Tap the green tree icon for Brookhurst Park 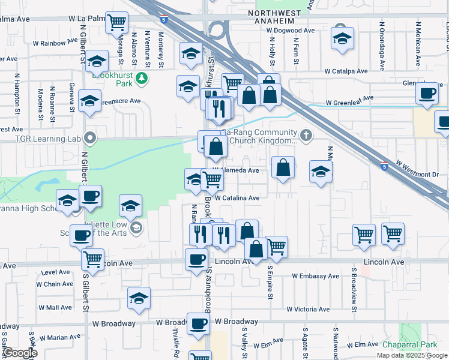141,77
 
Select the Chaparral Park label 411,344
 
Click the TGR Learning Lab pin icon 91,139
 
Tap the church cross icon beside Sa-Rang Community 307,135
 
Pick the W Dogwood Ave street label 291,30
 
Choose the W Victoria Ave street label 308,310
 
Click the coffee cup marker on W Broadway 199,323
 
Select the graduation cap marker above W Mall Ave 139,297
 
